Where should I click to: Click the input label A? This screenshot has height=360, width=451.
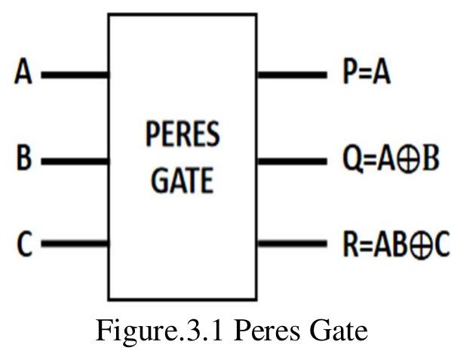pyautogui.click(x=24, y=75)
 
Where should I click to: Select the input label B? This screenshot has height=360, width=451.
pyautogui.click(x=24, y=160)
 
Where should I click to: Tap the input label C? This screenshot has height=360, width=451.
pyautogui.click(x=24, y=245)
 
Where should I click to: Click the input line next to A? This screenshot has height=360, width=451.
pyautogui.click(x=75, y=75)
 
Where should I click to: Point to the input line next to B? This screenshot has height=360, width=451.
pyautogui.click(x=75, y=160)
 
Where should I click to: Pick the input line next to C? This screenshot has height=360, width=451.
pyautogui.click(x=75, y=245)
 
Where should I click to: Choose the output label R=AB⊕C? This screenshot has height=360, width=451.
pyautogui.click(x=396, y=245)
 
